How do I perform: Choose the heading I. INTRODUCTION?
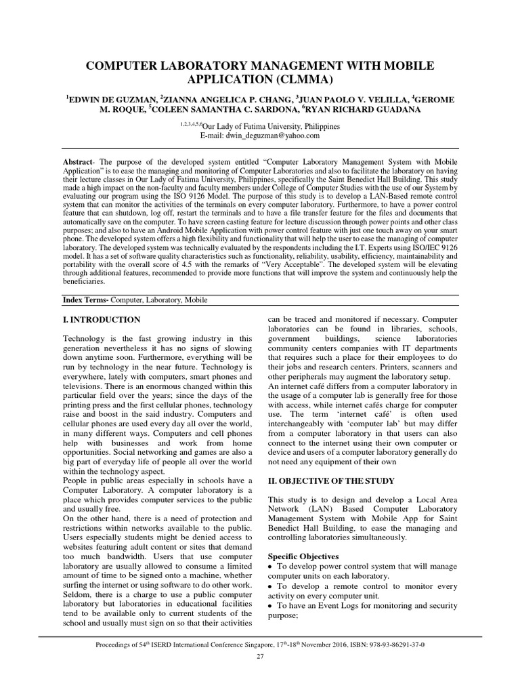(102, 319)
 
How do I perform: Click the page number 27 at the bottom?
(260, 658)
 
